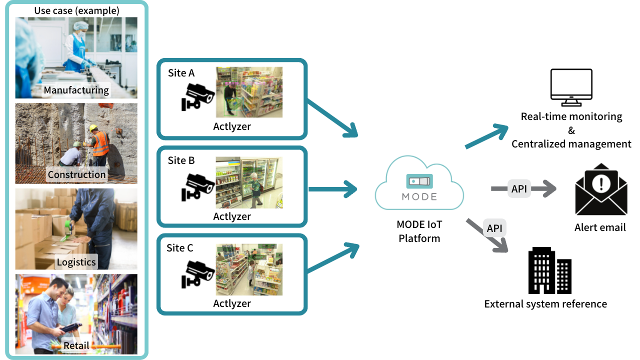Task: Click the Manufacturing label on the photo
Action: click(x=76, y=90)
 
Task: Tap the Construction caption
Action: click(x=76, y=174)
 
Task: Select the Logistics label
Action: click(x=76, y=262)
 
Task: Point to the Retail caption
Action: click(x=76, y=345)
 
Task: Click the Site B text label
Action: click(x=181, y=160)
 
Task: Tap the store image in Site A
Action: click(x=249, y=92)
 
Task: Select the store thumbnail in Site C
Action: click(x=249, y=269)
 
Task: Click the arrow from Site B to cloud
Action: click(x=332, y=189)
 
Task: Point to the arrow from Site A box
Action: click(x=332, y=118)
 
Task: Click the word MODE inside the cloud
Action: click(x=419, y=196)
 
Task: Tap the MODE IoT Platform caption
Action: click(x=419, y=231)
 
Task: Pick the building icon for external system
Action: click(x=549, y=270)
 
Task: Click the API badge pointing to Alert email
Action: click(x=519, y=188)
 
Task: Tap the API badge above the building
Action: click(x=494, y=228)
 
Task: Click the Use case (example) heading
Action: click(x=76, y=10)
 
